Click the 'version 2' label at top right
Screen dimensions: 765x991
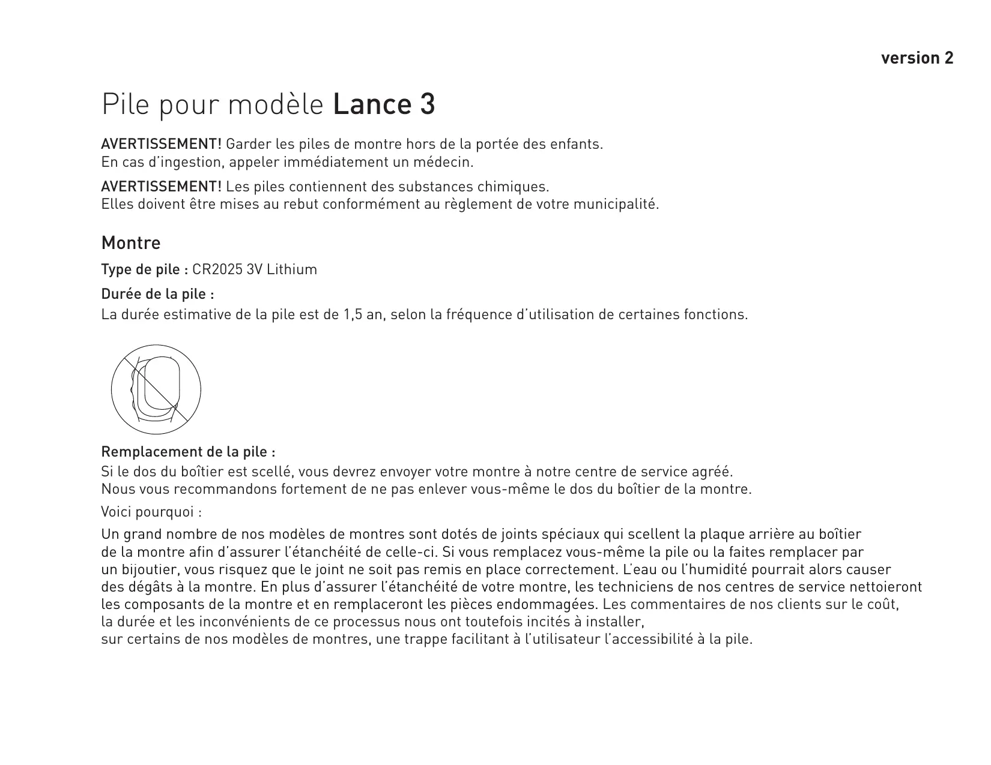pos(917,58)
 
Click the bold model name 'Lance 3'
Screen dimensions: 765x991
pos(383,105)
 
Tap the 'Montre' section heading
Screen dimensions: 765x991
pos(131,243)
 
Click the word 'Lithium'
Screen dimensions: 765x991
pos(292,269)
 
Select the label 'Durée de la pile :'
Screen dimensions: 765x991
pos(158,295)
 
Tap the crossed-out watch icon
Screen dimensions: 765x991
pos(156,389)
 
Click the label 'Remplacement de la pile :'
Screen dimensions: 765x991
pos(189,451)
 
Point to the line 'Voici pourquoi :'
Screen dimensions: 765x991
pos(151,512)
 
